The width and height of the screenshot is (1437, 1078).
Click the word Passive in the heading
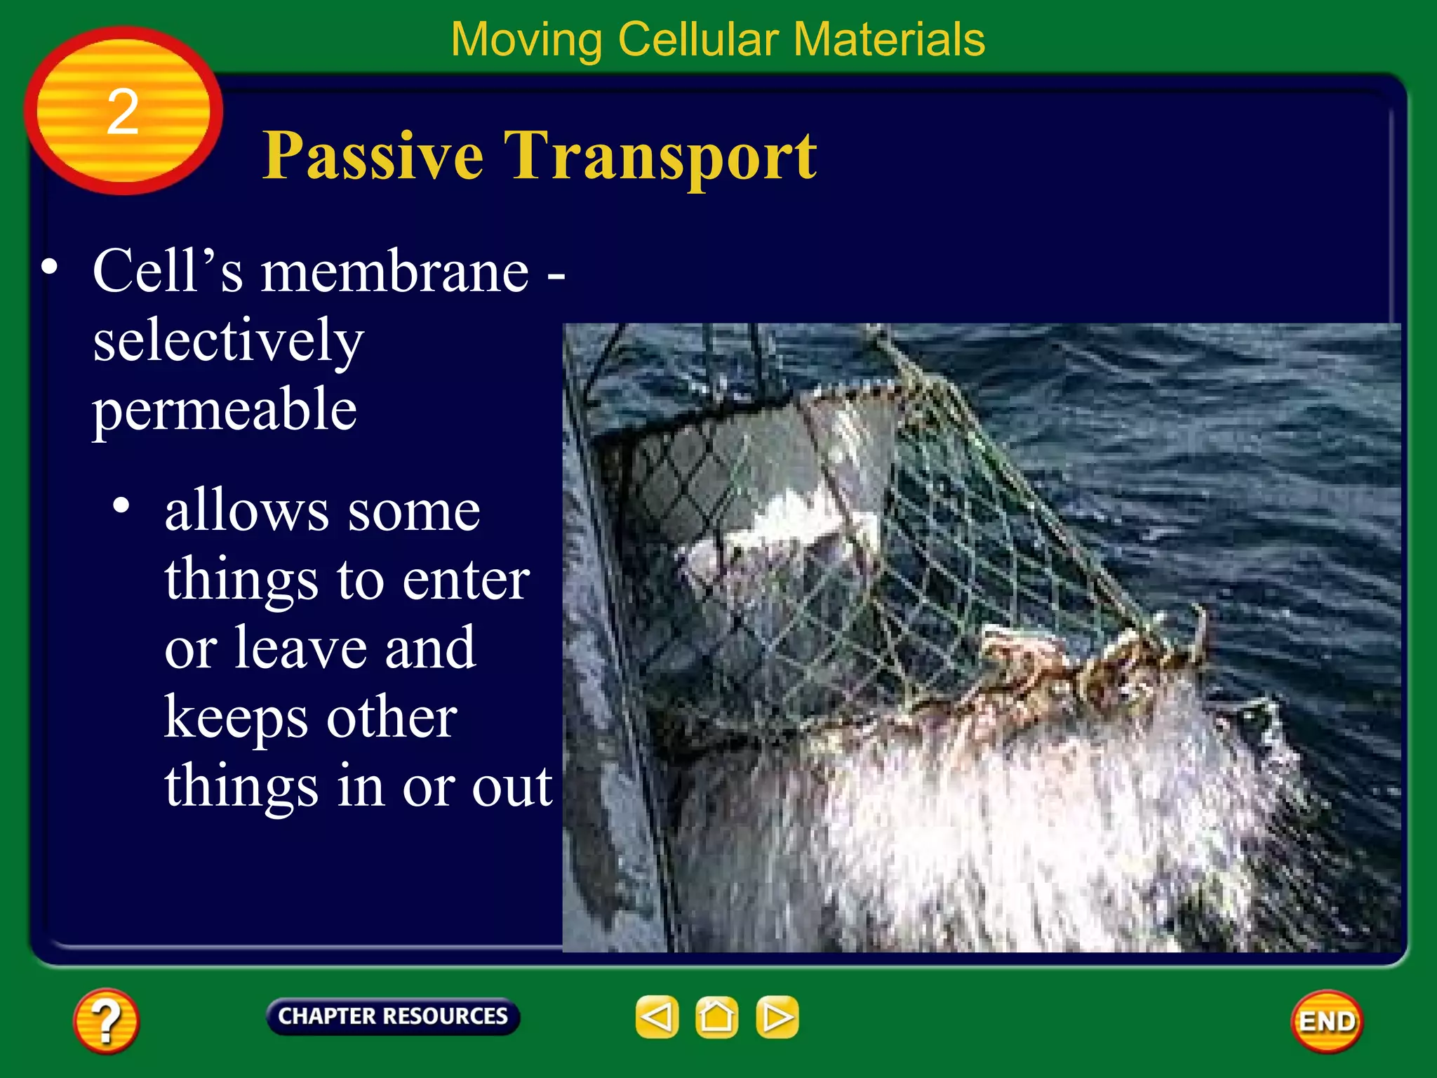(x=373, y=156)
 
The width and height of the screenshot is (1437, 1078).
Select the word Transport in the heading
(x=660, y=156)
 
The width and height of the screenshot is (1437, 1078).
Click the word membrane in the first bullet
(x=395, y=272)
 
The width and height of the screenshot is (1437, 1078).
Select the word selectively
(x=228, y=342)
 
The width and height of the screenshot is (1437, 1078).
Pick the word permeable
(x=225, y=411)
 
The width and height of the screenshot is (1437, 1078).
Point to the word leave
(x=300, y=648)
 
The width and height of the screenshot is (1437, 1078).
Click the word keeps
(x=235, y=719)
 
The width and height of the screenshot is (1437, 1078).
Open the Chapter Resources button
(x=393, y=1016)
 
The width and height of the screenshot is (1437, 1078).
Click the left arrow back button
(x=657, y=1016)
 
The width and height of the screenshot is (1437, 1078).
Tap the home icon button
(x=716, y=1016)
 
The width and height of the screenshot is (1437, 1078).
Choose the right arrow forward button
(x=777, y=1016)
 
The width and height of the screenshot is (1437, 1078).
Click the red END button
(x=1326, y=1021)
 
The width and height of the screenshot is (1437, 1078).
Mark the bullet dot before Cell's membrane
(x=49, y=267)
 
